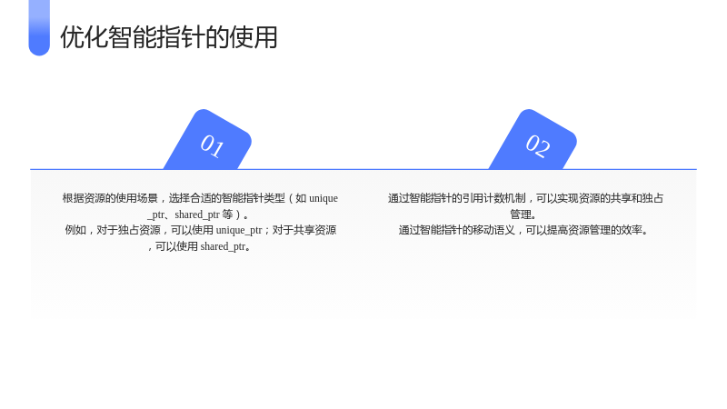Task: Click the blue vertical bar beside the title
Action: [x=39, y=28]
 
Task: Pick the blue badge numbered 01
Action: [x=208, y=140]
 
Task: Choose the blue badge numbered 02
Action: [x=533, y=140]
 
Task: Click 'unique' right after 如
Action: [x=324, y=198]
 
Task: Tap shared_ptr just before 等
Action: [x=197, y=214]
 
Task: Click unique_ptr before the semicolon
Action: [x=239, y=231]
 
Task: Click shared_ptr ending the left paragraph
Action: [x=223, y=246]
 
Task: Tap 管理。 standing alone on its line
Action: [x=523, y=214]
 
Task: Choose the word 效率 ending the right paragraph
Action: [x=632, y=231]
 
